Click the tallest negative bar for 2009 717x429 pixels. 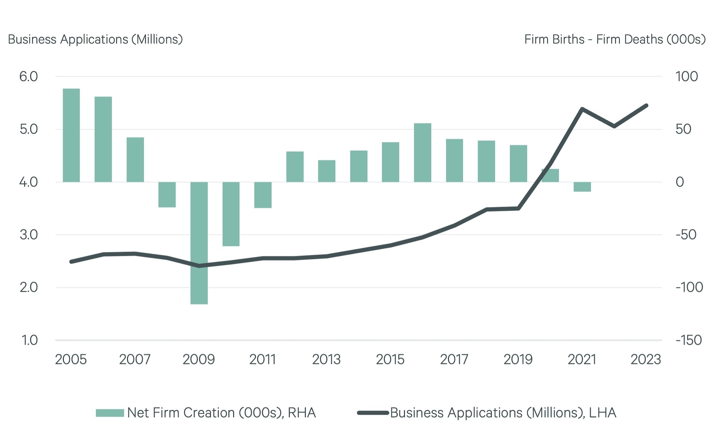(x=199, y=243)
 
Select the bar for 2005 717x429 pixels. (x=71, y=135)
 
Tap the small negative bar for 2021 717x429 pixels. (x=582, y=187)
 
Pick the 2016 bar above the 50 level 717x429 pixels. (x=422, y=153)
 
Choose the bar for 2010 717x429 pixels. (x=231, y=214)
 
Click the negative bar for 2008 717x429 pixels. (x=167, y=194)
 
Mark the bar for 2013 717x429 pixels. (x=327, y=171)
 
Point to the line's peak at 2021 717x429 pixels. (x=582, y=109)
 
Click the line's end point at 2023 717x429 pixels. (x=646, y=106)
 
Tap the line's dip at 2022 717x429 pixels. (x=614, y=126)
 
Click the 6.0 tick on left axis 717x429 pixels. (x=28, y=77)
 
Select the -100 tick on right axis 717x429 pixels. (x=689, y=287)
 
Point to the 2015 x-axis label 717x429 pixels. (x=390, y=360)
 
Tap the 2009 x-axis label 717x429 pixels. (x=198, y=360)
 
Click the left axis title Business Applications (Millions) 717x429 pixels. (x=95, y=39)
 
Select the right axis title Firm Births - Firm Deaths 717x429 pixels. (x=615, y=39)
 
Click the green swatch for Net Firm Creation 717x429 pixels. (x=110, y=413)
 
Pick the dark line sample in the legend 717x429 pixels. (x=372, y=413)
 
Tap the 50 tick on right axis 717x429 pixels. (x=683, y=129)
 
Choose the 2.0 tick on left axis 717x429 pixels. (x=28, y=287)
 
